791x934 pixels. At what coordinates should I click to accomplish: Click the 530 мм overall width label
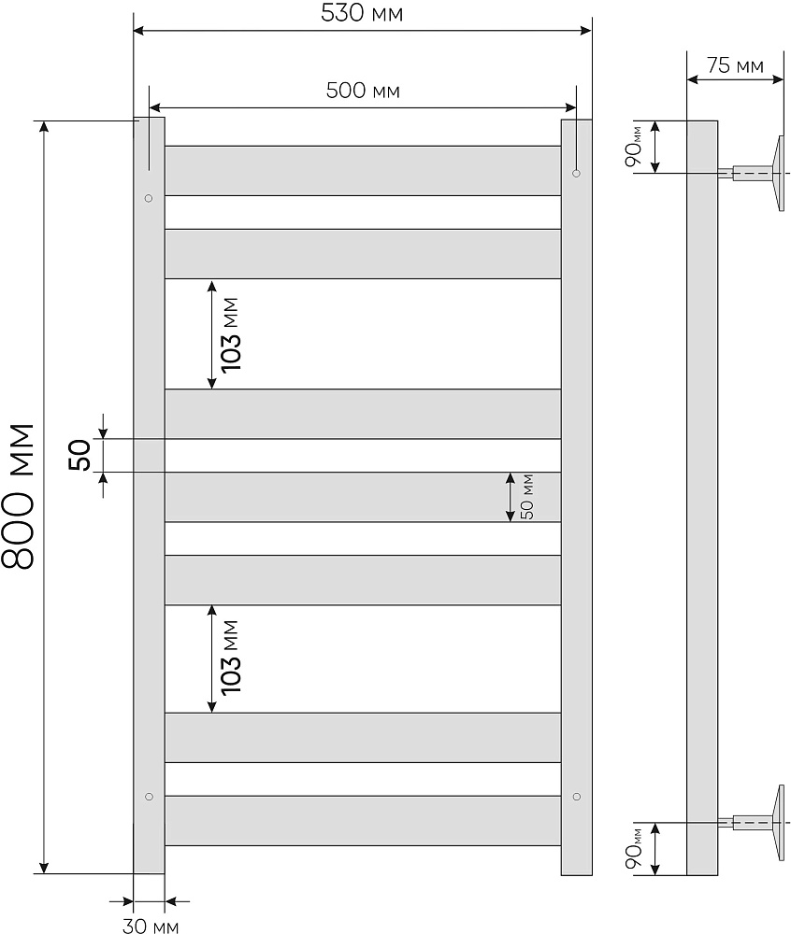pyautogui.click(x=363, y=15)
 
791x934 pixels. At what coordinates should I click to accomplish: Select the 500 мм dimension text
pyautogui.click(x=363, y=91)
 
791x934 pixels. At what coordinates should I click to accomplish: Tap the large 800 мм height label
pyautogui.click(x=19, y=496)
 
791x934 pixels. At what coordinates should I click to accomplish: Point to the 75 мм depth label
pyautogui.click(x=735, y=65)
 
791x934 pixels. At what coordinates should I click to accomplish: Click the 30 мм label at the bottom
pyautogui.click(x=150, y=926)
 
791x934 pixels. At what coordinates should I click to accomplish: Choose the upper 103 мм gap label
pyautogui.click(x=231, y=333)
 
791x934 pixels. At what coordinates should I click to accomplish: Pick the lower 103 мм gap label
pyautogui.click(x=231, y=658)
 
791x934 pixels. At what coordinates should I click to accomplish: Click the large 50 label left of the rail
pyautogui.click(x=80, y=455)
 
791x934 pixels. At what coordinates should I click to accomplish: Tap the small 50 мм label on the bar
pyautogui.click(x=527, y=497)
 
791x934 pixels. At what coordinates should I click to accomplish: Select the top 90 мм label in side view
pyautogui.click(x=635, y=147)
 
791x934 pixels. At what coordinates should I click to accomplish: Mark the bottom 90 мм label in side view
pyautogui.click(x=635, y=848)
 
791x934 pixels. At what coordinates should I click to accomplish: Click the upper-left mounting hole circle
pyautogui.click(x=148, y=198)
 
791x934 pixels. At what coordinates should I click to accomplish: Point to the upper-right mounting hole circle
pyautogui.click(x=576, y=173)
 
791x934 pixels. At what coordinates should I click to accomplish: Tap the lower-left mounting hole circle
pyautogui.click(x=148, y=796)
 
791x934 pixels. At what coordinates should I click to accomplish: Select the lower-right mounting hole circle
pyautogui.click(x=576, y=796)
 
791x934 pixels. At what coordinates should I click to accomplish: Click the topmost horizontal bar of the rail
pyautogui.click(x=363, y=170)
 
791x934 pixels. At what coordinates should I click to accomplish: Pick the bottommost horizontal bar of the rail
pyautogui.click(x=363, y=820)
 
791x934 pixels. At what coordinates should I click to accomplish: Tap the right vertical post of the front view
pyautogui.click(x=576, y=496)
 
